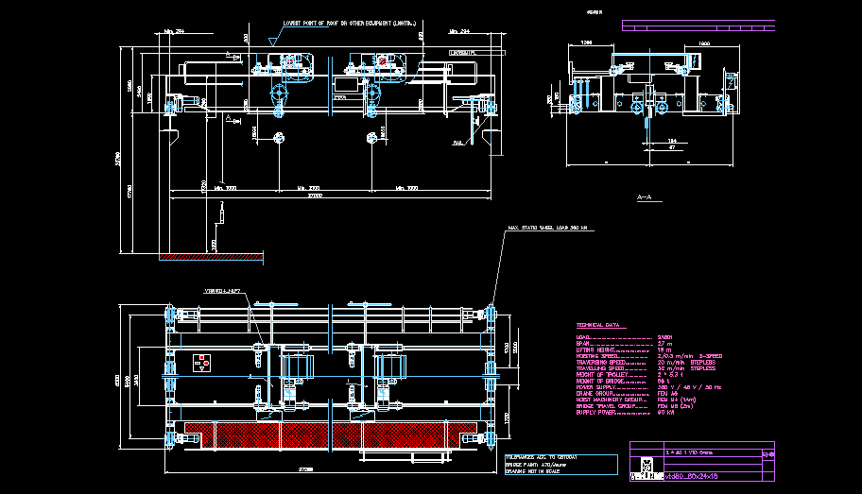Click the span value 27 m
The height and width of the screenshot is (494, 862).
coord(664,343)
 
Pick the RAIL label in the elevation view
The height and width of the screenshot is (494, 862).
coord(457,143)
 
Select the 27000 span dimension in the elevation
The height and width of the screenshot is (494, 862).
coord(313,197)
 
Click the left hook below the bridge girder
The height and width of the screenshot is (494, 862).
coord(279,139)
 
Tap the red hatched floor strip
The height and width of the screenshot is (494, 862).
coord(212,256)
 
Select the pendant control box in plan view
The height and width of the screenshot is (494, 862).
coord(201,362)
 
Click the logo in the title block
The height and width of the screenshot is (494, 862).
coord(646,465)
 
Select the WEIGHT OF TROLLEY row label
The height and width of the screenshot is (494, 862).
coord(602,375)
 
